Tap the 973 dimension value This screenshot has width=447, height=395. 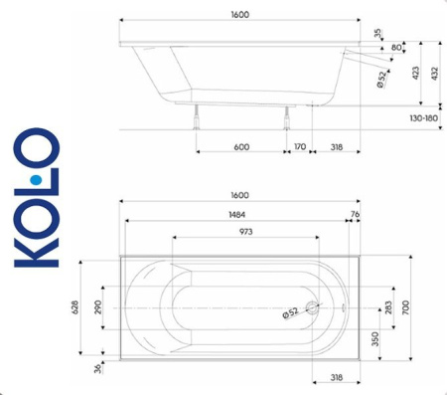pos(244,232)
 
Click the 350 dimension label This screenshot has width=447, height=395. pos(372,338)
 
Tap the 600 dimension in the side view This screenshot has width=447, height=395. pos(241,146)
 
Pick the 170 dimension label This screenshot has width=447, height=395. pos(299,146)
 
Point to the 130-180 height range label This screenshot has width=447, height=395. pos(422,118)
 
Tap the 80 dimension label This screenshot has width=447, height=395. pos(397,47)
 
